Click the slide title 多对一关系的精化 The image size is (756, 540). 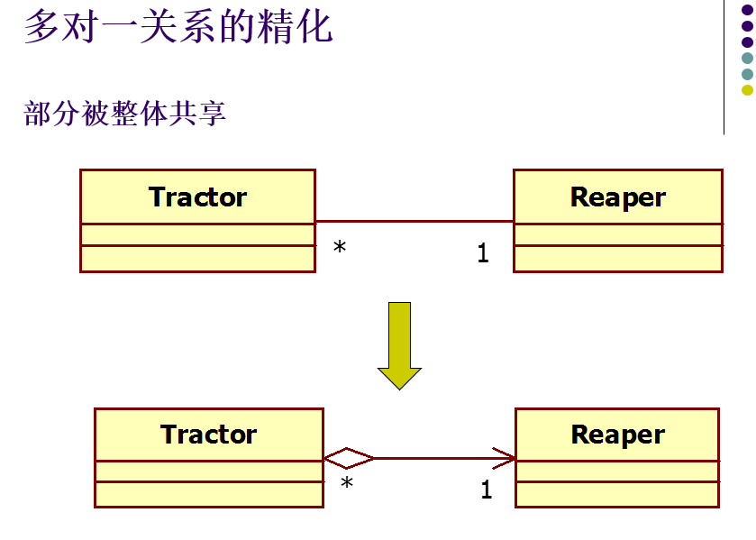178,27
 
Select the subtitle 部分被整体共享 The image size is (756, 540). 124,114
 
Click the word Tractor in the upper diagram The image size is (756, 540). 197,197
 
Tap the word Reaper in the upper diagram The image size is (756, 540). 618,197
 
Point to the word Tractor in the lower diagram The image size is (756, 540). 209,435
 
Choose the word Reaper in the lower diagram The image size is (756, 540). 618,435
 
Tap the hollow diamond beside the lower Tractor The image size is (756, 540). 349,459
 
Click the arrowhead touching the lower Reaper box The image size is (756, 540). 506,458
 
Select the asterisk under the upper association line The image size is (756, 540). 340,247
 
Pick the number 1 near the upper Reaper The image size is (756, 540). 483,254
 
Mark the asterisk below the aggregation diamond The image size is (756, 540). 347,485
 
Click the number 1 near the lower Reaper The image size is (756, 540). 487,491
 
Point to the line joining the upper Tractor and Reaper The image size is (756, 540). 414,221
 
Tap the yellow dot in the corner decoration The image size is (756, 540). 747,89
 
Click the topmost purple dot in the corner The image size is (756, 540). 747,10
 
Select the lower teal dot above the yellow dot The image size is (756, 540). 747,74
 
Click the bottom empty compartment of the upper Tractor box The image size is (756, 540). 197,259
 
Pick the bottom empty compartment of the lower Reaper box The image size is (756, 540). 617,494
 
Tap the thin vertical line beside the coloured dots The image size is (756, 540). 724,68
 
